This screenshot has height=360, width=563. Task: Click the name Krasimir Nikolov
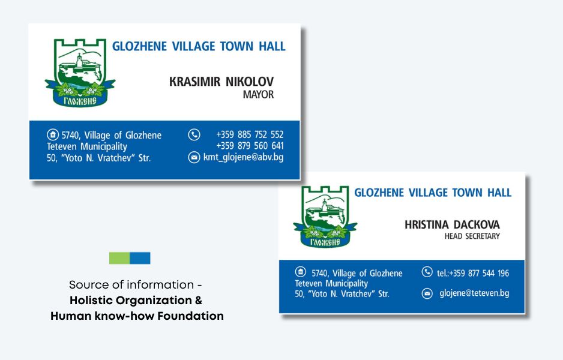click(221, 82)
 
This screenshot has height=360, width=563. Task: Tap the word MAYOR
click(258, 94)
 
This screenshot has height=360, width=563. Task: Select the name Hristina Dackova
click(452, 224)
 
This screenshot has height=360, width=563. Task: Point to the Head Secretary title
click(472, 236)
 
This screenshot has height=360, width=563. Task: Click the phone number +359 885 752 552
click(250, 134)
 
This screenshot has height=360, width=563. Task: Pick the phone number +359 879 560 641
click(250, 146)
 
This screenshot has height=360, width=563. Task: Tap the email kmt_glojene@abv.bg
click(243, 157)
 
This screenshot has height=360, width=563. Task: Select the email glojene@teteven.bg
click(474, 293)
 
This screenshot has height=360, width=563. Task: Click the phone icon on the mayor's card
click(194, 134)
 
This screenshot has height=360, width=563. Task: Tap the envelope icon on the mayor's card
click(194, 157)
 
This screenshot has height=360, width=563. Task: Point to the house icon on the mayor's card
click(53, 135)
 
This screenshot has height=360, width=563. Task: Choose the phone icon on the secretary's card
click(427, 272)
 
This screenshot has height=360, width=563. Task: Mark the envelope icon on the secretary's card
click(427, 293)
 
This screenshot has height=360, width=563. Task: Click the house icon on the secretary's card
click(301, 272)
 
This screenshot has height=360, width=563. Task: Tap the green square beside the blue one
click(119, 258)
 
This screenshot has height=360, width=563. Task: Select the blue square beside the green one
click(140, 258)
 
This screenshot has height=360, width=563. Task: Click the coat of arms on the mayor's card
click(80, 73)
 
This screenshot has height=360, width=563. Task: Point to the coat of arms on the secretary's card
click(325, 217)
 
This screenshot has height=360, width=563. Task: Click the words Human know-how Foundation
click(137, 316)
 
